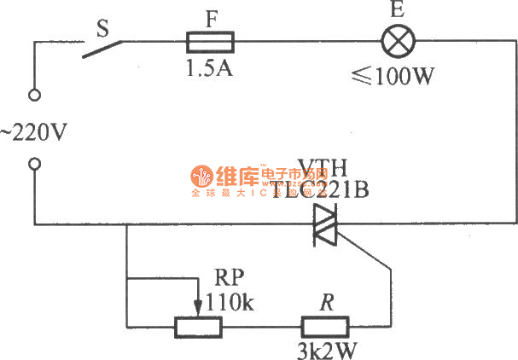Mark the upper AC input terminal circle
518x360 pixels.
point(35,96)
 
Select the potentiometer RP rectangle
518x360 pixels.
point(198,326)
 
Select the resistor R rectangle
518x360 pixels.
point(324,326)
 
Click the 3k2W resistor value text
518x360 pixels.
point(324,350)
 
